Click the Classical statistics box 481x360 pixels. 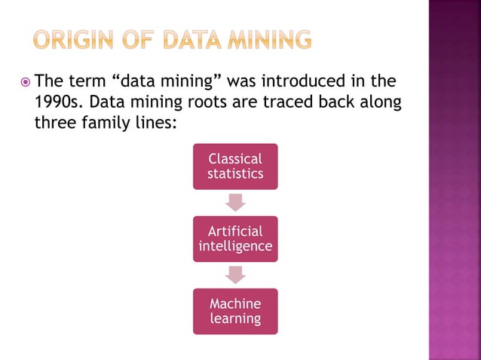point(235,166)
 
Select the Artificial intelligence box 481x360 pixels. point(235,239)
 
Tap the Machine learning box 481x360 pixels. point(235,311)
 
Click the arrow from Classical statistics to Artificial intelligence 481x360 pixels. point(235,202)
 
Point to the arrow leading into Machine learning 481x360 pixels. point(235,275)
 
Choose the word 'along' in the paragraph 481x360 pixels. point(380,101)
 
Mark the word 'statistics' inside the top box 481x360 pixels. point(235,173)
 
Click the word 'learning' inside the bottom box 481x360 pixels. point(235,319)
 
